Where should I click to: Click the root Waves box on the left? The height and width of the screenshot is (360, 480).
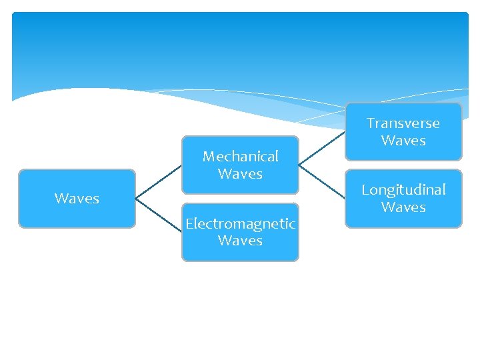[x=77, y=199]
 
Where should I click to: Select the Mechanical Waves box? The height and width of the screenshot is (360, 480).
[x=240, y=165]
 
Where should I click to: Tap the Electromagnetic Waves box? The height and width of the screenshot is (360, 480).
[x=240, y=231]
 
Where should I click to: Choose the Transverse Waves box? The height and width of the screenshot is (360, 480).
[x=403, y=132]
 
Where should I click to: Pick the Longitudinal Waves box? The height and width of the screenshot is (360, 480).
[x=403, y=199]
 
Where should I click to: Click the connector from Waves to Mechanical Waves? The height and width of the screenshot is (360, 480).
[x=159, y=181]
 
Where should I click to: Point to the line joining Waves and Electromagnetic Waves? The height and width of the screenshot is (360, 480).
[x=159, y=215]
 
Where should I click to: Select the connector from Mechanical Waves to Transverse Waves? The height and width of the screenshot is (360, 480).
[x=321, y=148]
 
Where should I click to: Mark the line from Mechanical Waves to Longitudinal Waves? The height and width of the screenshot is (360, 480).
[x=321, y=181]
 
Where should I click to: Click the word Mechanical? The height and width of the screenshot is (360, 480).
[x=240, y=157]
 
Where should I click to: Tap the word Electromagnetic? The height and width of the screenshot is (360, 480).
[x=240, y=223]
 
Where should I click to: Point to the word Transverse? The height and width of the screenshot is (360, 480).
[x=403, y=123]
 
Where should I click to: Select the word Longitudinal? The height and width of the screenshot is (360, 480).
[x=403, y=190]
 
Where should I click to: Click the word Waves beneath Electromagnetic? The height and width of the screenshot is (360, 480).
[x=240, y=241]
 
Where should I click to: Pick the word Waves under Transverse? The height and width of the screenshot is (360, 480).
[x=403, y=141]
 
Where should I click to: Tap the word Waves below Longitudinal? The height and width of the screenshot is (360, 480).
[x=403, y=207]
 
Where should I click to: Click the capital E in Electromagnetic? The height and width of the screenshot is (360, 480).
[x=189, y=223]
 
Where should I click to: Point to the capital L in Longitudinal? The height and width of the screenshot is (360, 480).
[x=365, y=190]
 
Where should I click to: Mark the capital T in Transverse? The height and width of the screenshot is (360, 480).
[x=371, y=123]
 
